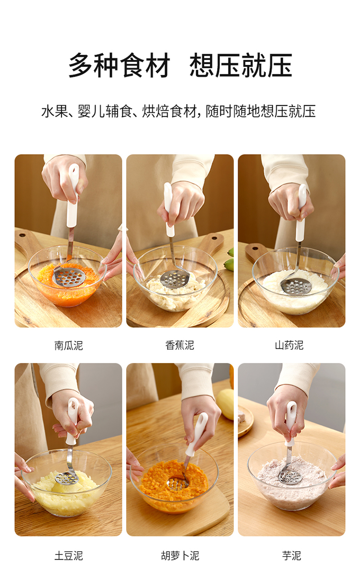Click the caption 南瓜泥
69,345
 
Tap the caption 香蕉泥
180,345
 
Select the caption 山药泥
289,345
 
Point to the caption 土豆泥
69,556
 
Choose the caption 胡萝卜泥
180,556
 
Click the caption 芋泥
291,556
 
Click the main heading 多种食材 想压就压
180,65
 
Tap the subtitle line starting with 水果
179,111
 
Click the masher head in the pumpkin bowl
69,277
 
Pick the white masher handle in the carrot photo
196,434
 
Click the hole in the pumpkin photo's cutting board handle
22,235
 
